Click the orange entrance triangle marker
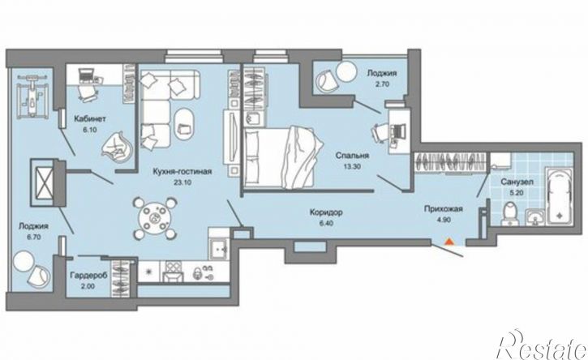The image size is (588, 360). [x=449, y=241]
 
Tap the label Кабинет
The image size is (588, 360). [x=90, y=119]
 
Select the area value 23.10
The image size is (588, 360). [x=182, y=182]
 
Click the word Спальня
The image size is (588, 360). [x=352, y=155]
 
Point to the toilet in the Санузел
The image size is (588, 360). [x=510, y=214]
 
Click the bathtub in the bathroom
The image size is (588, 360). [x=559, y=196]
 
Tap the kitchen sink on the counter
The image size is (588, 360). [x=218, y=247]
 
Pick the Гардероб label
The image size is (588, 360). [x=88, y=275]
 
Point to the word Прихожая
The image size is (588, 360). [x=444, y=209]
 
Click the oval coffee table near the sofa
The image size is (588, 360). [x=184, y=124]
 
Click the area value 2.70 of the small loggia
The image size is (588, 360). [x=383, y=84]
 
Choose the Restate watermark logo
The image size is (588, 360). [x=542, y=345]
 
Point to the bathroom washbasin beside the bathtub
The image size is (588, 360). [x=535, y=218]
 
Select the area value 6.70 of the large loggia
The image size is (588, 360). [x=33, y=237]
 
